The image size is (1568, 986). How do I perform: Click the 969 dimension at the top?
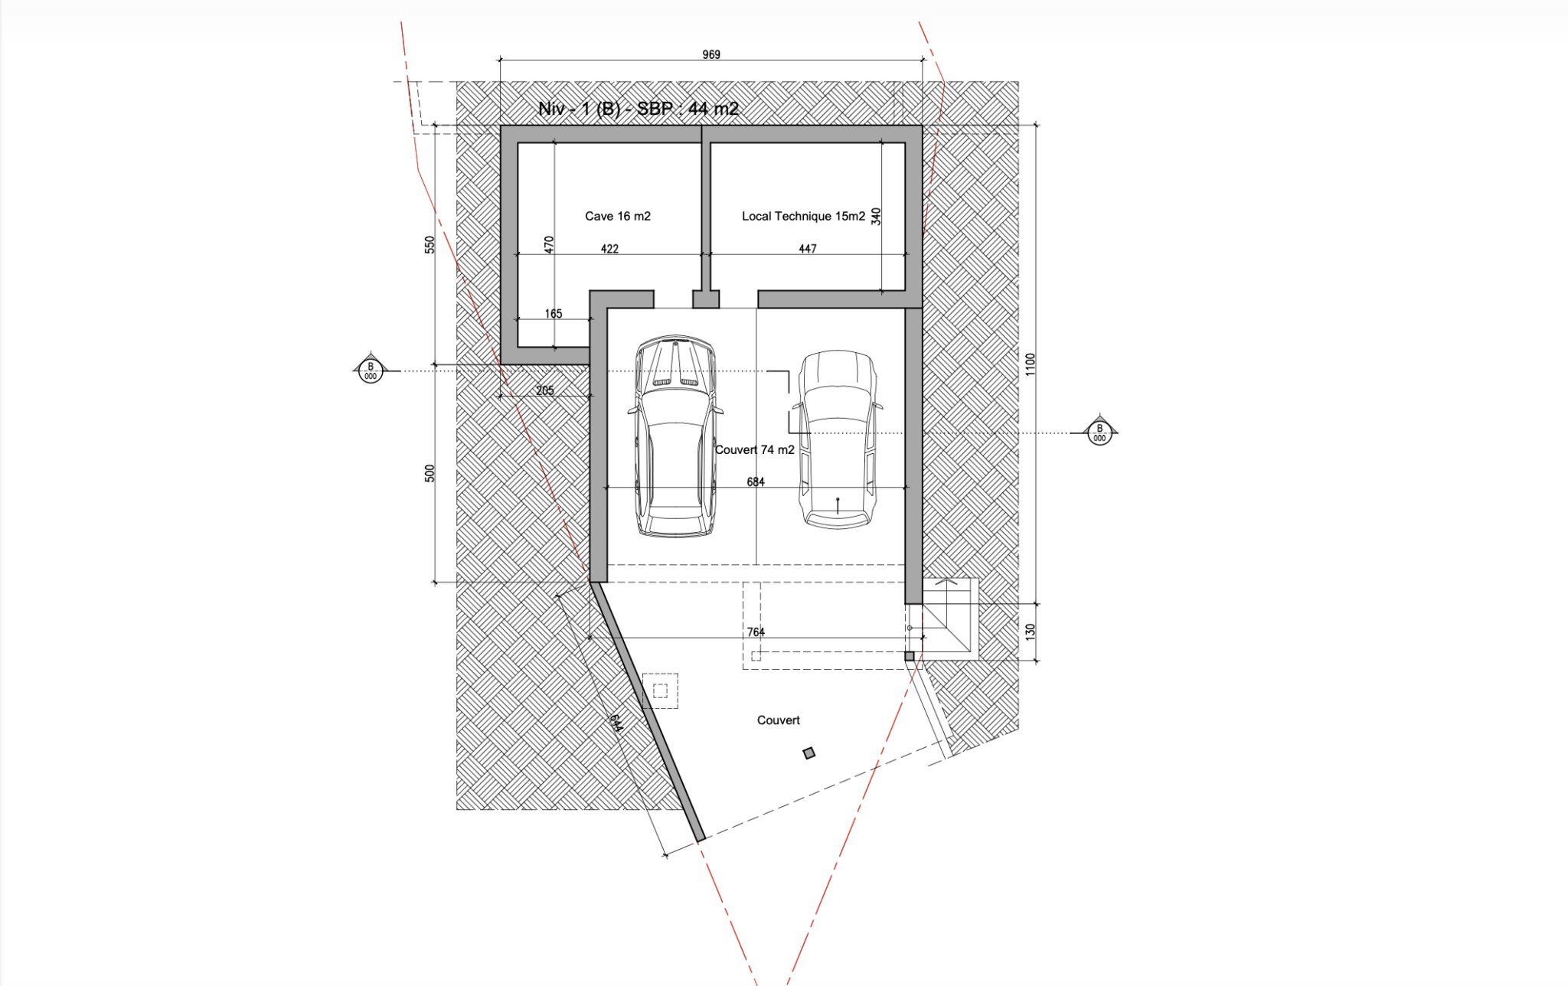(711, 54)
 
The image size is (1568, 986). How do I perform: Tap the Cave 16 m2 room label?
(618, 216)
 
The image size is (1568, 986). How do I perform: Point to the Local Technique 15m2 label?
(803, 216)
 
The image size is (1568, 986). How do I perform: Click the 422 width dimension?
(609, 249)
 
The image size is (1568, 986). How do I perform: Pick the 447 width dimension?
(808, 249)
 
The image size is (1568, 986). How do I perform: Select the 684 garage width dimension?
(756, 482)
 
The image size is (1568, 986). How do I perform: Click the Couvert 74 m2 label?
(755, 450)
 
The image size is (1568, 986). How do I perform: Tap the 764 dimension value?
(756, 632)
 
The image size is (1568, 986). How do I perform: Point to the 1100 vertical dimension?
(1030, 364)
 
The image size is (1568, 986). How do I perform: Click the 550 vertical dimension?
(430, 245)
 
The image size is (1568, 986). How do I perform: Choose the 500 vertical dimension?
(430, 473)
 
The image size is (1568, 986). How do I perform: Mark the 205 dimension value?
(545, 390)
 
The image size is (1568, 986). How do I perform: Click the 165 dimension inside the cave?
(554, 314)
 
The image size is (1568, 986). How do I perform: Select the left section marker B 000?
(371, 371)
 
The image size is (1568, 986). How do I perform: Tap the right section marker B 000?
(1099, 433)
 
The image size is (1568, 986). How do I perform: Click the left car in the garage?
(675, 436)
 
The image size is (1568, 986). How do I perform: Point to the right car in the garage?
(838, 439)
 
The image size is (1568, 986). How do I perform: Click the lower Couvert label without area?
(779, 720)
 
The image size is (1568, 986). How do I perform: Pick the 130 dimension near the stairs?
(1030, 632)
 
